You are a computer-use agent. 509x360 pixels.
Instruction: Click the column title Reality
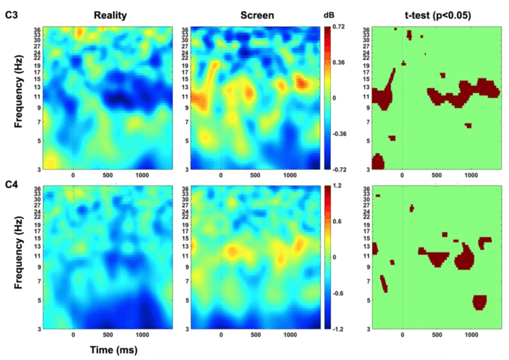[x=107, y=15]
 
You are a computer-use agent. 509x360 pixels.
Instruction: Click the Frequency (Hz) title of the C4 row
[x=18, y=257]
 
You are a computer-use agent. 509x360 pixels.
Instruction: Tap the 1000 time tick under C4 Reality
[x=142, y=335]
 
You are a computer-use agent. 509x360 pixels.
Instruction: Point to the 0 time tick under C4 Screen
[x=221, y=335]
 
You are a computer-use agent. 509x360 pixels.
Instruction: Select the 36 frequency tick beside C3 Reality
[x=35, y=29]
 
